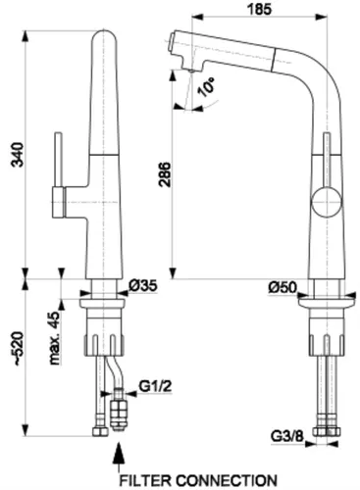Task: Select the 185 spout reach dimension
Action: (261, 9)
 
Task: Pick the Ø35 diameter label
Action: (143, 286)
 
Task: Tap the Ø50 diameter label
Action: (283, 286)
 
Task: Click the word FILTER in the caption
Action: (146, 480)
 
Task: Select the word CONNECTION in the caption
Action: (227, 480)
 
